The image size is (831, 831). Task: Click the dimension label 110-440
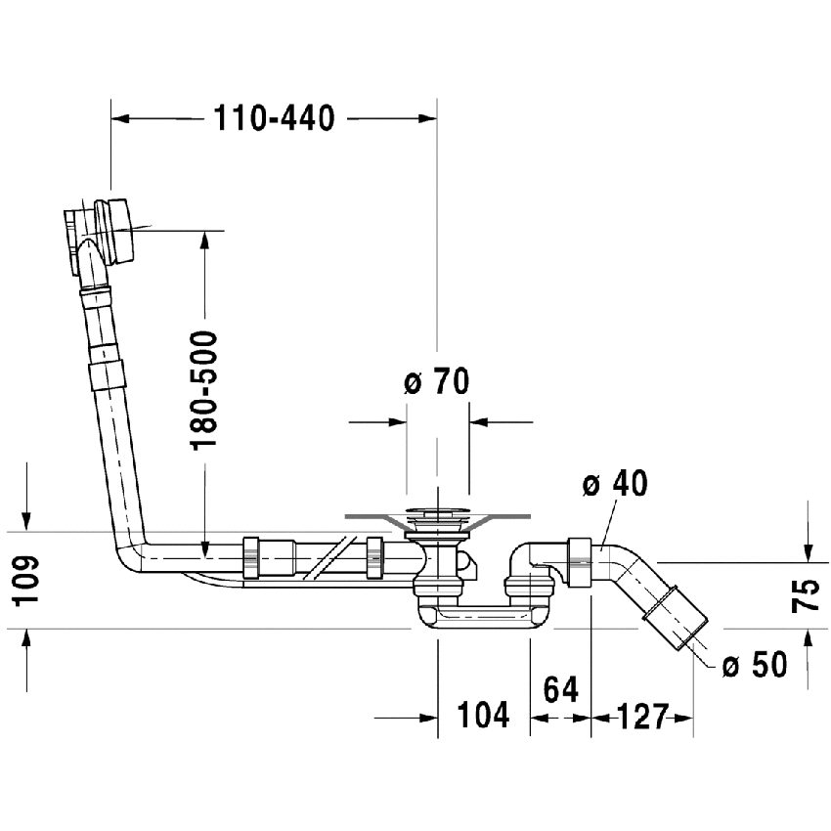274,118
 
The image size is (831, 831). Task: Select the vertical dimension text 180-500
205,390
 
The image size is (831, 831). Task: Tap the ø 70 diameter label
437,382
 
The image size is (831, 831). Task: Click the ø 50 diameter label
754,665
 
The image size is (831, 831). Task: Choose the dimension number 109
27,581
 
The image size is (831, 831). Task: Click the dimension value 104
483,715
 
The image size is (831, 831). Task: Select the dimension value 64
560,689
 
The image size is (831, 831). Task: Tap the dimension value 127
641,717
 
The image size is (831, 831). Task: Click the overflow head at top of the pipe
101,233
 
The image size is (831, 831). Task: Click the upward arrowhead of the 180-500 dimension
204,239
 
